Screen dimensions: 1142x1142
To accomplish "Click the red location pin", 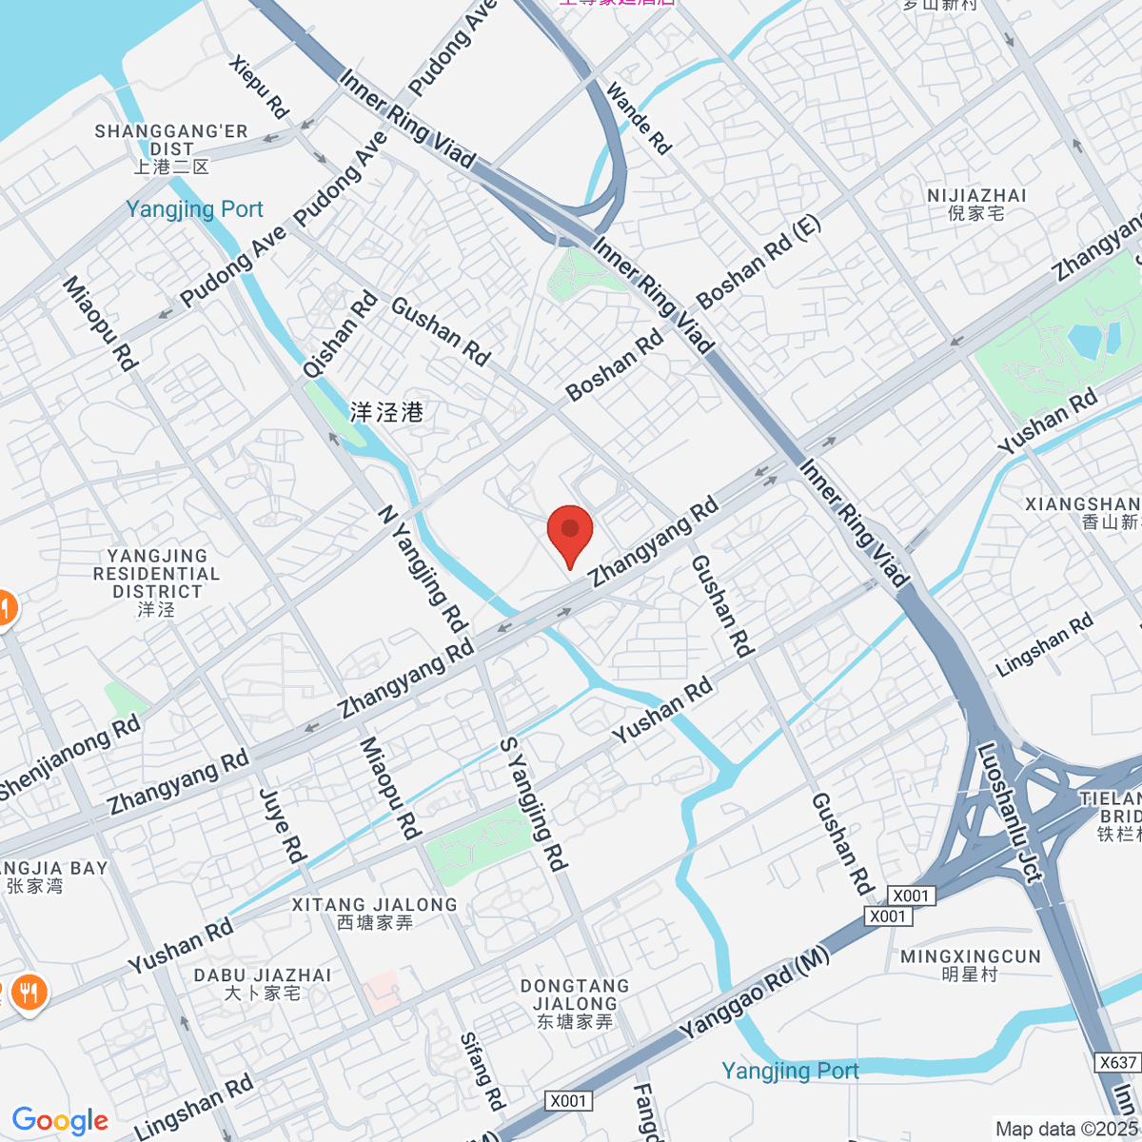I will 570,531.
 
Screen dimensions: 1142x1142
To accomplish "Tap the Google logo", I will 60,1120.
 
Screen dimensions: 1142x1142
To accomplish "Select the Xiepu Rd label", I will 258,87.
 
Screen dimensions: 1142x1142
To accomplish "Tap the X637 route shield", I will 1117,1062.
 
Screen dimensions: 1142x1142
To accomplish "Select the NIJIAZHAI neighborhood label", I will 976,204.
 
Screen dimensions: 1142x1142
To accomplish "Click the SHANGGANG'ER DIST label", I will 171,148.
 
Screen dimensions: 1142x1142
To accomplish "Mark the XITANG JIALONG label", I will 375,913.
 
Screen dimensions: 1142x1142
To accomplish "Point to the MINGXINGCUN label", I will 971,965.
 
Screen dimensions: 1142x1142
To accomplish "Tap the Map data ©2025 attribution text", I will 1067,1130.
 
